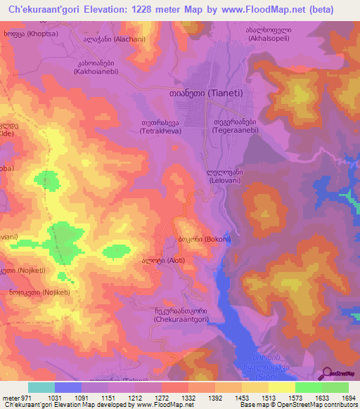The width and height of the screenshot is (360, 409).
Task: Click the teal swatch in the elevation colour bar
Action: (41, 387)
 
